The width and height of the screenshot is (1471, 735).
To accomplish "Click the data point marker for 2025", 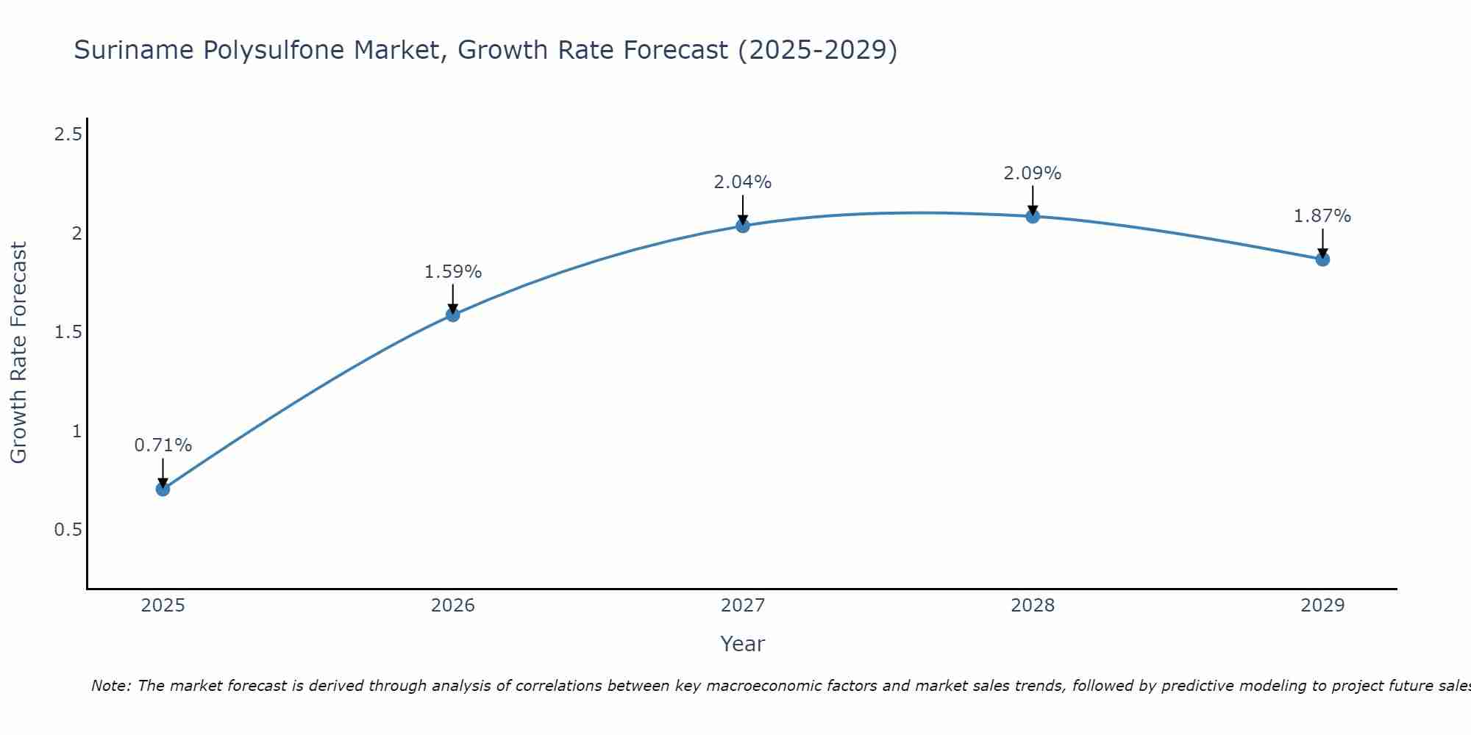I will (163, 489).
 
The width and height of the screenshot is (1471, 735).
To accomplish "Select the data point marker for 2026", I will (453, 315).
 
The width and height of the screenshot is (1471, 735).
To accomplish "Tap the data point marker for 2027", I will (743, 226).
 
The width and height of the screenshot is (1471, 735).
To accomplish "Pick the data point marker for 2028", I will (1033, 216).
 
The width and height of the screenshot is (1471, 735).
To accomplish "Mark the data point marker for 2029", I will (1322, 259).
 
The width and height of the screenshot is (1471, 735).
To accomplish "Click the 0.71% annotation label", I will (163, 445).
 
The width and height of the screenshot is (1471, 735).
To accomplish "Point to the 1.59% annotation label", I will (453, 272).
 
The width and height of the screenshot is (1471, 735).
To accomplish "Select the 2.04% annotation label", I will (743, 182).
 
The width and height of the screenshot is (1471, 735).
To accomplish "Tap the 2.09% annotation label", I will (1033, 173).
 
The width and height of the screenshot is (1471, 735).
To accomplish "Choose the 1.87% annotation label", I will (1322, 216).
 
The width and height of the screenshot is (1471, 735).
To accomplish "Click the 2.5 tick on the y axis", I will (68, 135).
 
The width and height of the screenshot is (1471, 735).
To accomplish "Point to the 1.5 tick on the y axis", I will (68, 332).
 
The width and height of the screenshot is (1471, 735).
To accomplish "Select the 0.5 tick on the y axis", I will (68, 530).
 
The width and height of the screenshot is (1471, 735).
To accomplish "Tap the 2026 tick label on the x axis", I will (453, 606).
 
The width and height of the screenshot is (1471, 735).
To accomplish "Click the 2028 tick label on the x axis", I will (1033, 606).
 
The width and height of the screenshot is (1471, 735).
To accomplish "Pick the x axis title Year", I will (743, 644).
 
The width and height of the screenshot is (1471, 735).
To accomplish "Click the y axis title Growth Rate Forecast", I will (19, 353).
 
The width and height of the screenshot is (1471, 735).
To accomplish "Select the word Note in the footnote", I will (110, 686).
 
